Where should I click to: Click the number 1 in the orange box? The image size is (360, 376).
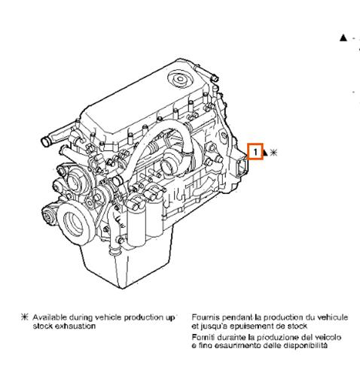257,152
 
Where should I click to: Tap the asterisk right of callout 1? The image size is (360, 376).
273,153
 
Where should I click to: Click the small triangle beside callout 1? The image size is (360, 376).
265,153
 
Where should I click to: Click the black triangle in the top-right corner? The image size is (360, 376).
343,37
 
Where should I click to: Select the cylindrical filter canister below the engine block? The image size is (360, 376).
139,229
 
